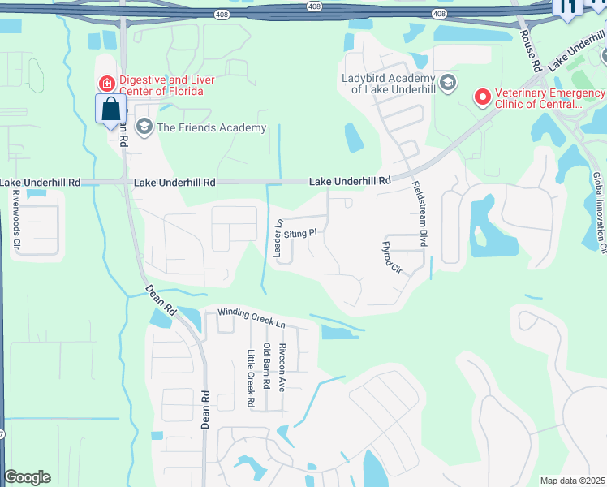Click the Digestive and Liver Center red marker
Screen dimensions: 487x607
106,84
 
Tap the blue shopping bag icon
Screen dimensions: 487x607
110,110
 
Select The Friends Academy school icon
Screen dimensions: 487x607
144,127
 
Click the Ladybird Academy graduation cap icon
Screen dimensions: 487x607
447,83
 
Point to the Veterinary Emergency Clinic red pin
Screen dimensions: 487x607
483,98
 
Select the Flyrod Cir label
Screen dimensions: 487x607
392,256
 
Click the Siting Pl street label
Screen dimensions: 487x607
299,232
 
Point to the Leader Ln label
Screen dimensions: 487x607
278,238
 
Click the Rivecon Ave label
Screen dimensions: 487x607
282,367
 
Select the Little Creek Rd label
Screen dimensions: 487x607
252,378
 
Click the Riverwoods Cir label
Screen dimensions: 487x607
15,219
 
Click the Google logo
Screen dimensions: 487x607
28,477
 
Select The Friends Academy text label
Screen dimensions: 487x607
211,127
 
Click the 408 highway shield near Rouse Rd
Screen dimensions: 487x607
438,14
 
